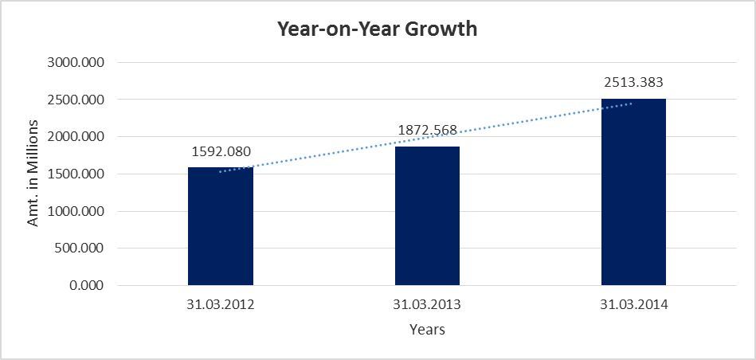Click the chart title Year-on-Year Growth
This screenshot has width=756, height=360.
[x=377, y=29]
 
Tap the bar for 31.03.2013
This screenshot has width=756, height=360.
[x=427, y=216]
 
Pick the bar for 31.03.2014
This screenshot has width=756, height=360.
[x=633, y=192]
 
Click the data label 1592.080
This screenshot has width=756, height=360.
[x=220, y=151]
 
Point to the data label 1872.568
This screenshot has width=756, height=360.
[x=426, y=130]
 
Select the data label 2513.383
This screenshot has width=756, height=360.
[x=633, y=82]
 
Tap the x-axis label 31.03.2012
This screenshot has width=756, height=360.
[x=221, y=304]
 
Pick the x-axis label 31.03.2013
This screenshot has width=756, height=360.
[x=427, y=304]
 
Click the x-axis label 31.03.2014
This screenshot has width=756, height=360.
[x=633, y=304]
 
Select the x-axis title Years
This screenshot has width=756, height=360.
[x=427, y=329]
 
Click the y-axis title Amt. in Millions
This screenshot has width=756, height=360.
[x=33, y=174]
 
